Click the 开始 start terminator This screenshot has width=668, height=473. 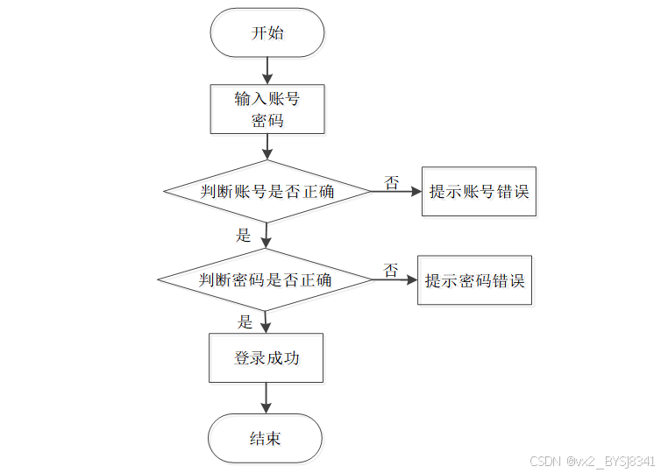click(267, 33)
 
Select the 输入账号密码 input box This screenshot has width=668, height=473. click(267, 109)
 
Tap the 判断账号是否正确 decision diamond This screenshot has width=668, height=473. click(267, 192)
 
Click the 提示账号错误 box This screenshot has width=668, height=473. click(479, 192)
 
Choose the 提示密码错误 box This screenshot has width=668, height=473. click(475, 280)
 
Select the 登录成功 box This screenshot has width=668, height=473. click(266, 357)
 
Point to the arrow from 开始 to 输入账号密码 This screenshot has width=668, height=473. click(267, 70)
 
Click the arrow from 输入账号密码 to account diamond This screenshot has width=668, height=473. click(267, 147)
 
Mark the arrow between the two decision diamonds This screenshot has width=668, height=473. click(267, 236)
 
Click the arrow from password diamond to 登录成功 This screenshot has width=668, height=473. click(266, 321)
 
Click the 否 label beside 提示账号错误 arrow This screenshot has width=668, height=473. click(391, 182)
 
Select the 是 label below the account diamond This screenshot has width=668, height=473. click(244, 235)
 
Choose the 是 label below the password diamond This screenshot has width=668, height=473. click(245, 321)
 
